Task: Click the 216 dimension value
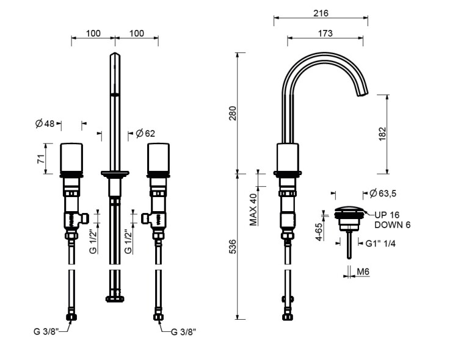tap(321, 13)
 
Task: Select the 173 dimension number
tap(325, 34)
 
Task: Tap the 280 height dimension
tap(233, 113)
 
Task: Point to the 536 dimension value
tap(233, 247)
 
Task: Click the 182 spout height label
tap(382, 134)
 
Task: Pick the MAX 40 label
tap(253, 210)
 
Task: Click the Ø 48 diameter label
tap(45, 124)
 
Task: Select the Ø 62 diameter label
tap(145, 134)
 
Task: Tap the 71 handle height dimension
tap(41, 159)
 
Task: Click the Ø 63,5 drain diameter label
tap(383, 193)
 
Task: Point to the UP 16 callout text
tap(387, 215)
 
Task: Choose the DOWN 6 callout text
tap(392, 225)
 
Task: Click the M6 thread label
tap(363, 272)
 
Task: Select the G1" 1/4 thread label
tap(380, 243)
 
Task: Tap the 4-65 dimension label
tap(319, 232)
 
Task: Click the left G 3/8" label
tap(46, 332)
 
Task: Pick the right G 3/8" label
tap(183, 332)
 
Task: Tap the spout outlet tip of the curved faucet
tap(363, 94)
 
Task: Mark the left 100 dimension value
tap(93, 34)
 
